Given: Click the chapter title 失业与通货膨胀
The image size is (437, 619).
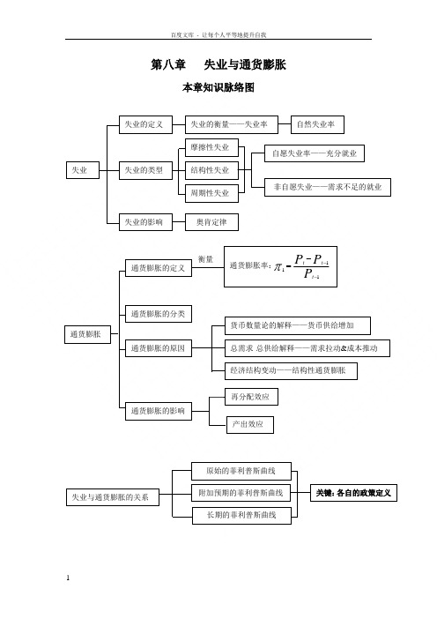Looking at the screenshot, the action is [245, 64].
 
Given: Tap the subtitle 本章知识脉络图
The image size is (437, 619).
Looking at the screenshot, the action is [218, 87].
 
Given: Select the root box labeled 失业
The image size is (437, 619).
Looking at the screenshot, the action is [83, 170].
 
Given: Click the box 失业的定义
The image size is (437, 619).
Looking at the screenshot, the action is [145, 124].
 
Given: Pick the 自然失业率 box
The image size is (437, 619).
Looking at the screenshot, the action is [317, 124].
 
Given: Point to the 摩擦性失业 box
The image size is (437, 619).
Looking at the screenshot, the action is [211, 147].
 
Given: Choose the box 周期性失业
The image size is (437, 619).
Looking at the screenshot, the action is [211, 193].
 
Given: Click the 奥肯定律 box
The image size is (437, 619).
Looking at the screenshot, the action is [211, 222].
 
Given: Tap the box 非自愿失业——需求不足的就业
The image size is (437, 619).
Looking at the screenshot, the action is [328, 187].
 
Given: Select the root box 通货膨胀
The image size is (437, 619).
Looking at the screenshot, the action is [87, 334].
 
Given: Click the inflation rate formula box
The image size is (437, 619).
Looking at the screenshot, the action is [280, 266].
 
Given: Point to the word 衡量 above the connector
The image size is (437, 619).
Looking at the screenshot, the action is [205, 259].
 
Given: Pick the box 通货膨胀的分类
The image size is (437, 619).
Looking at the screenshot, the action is [159, 314].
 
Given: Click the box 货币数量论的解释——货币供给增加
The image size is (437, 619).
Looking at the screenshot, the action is [298, 325].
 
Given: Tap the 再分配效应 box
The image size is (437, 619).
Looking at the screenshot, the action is [251, 397].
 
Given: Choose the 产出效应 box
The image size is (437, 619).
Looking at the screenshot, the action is [249, 425].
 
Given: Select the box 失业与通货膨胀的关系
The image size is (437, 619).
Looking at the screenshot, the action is [113, 497].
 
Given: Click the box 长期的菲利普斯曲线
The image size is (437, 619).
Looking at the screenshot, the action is [241, 516].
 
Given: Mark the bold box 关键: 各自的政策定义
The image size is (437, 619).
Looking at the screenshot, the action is [353, 493].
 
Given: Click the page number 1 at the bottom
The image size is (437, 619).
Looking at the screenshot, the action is [68, 578].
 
